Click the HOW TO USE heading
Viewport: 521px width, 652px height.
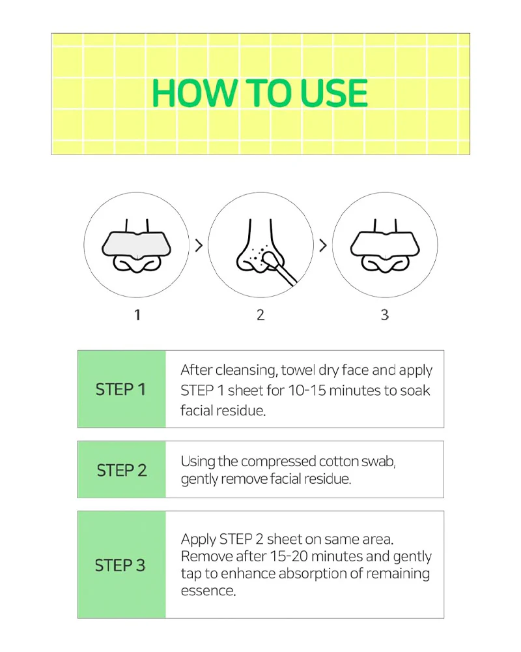260,93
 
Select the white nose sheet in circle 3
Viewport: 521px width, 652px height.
385,246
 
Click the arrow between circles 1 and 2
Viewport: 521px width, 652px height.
199,246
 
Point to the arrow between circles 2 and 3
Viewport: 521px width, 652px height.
323,246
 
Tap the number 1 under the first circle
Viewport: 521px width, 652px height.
137,315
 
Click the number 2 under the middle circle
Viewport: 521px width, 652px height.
260,315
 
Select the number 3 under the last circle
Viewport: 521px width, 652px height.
385,315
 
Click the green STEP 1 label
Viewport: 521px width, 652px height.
121,389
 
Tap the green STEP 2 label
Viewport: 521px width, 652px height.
121,470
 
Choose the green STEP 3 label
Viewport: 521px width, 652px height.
121,565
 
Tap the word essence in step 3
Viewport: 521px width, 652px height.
208,591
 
